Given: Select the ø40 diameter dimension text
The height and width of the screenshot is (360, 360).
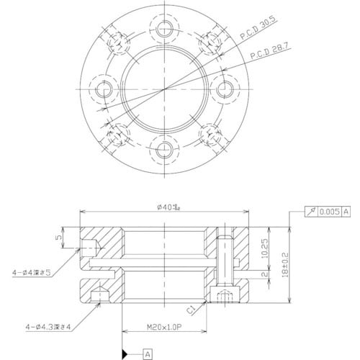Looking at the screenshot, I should [167, 206].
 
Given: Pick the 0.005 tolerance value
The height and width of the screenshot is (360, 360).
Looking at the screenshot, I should [328, 212].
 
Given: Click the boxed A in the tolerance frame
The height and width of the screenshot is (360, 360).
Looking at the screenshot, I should [346, 212].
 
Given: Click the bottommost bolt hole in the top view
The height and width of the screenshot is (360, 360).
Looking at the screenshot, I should [166, 150].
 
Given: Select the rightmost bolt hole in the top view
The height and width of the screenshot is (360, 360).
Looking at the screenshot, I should [227, 90].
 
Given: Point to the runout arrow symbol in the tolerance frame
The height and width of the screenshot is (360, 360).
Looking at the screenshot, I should [312, 212].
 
